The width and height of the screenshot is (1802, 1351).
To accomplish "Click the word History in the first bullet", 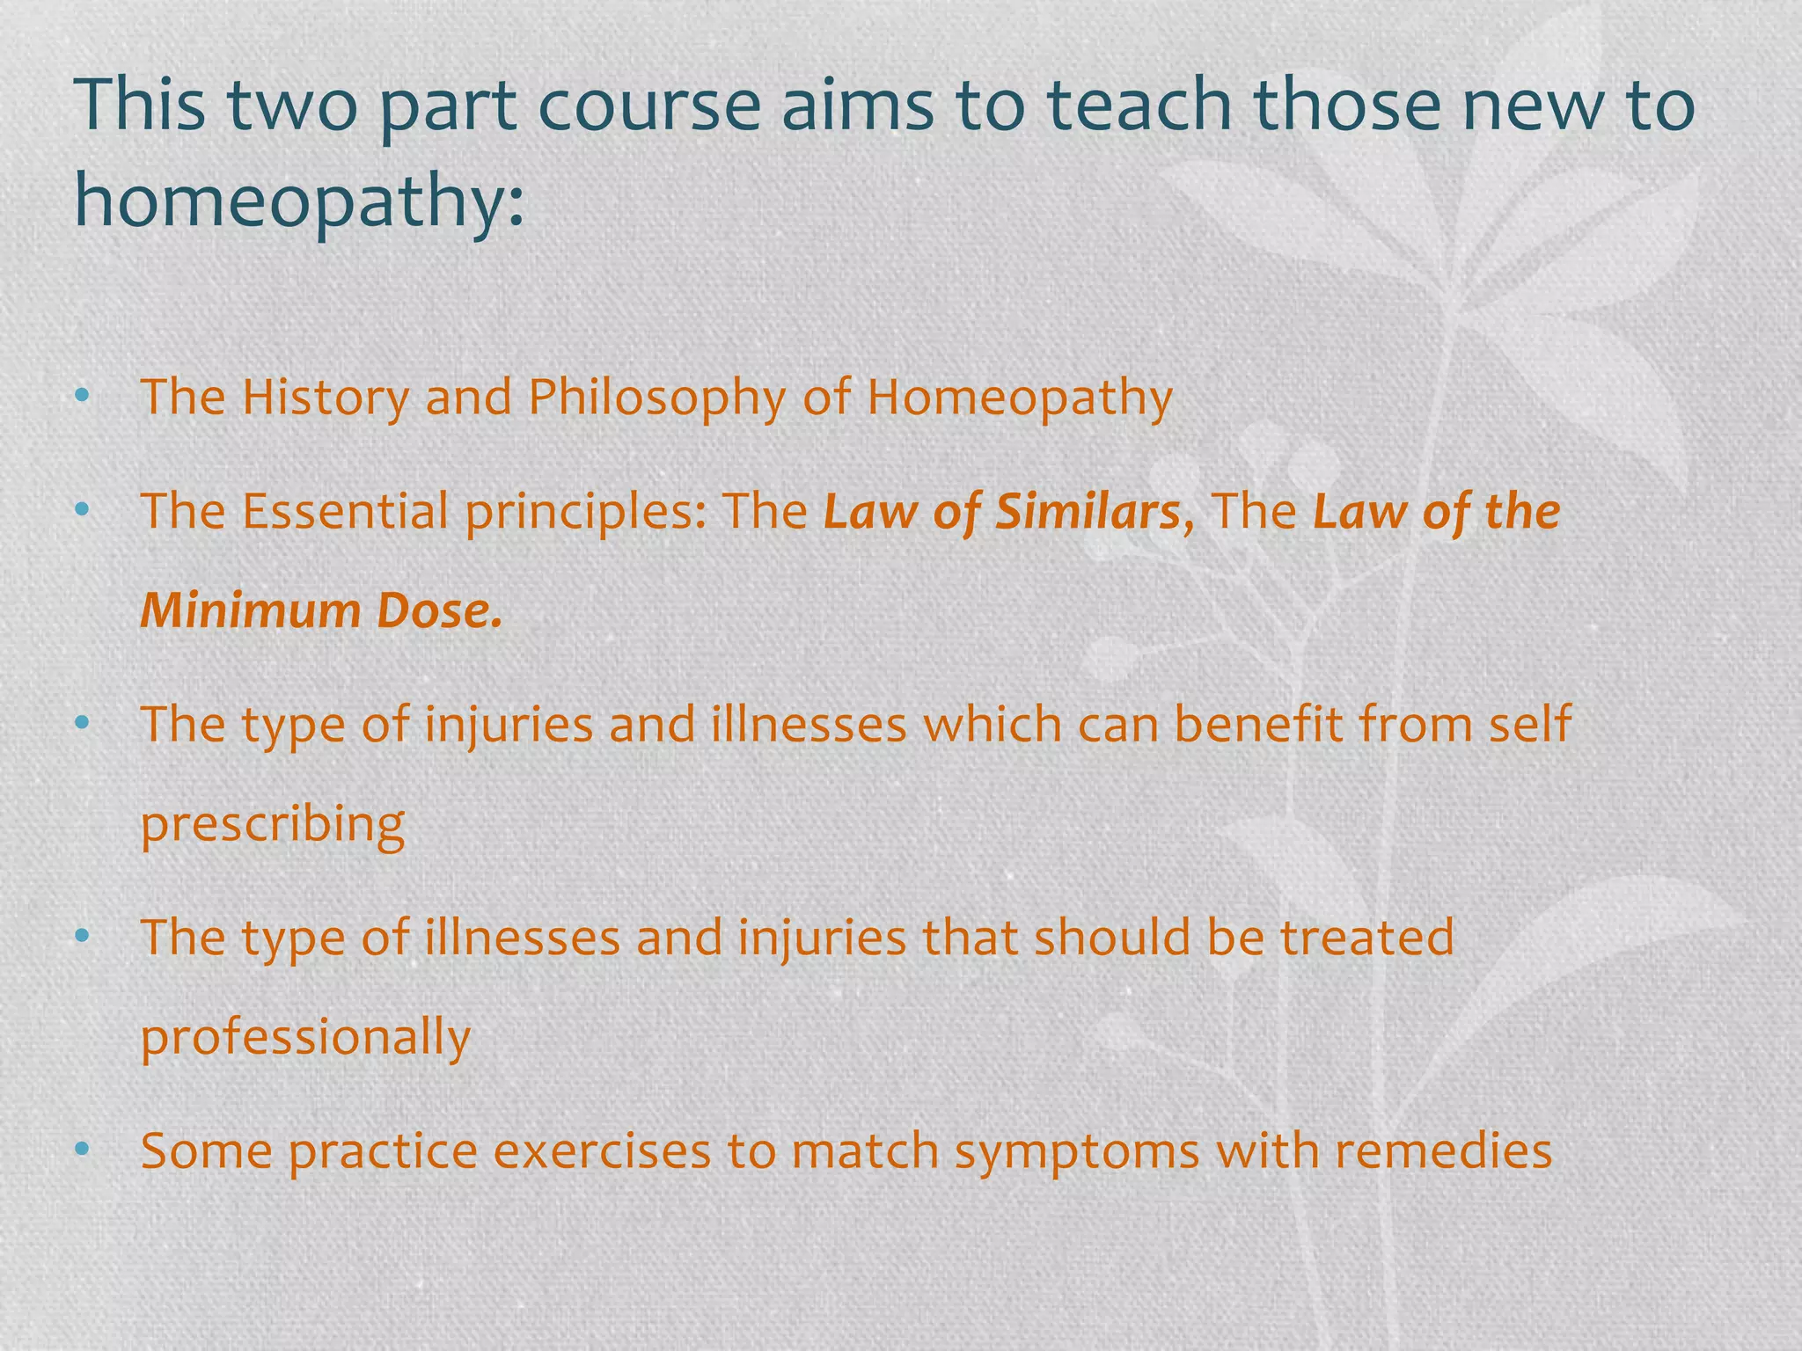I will pos(326,397).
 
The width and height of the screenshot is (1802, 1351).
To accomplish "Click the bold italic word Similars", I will pos(1088,512).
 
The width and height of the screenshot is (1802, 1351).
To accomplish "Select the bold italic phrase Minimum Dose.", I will pos(321,610).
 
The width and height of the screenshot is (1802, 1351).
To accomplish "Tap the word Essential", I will pos(346,512).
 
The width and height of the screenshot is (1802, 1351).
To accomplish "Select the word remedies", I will pos(1443,1150).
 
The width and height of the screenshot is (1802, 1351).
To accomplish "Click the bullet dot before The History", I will pos(83,398).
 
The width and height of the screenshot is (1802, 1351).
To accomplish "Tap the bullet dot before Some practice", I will pos(83,1150).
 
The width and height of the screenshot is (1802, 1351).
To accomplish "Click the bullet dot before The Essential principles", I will pos(83,510).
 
